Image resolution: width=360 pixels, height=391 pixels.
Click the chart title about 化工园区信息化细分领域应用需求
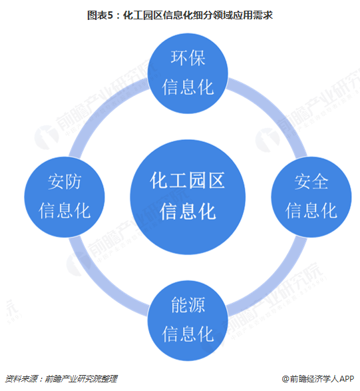[180, 15]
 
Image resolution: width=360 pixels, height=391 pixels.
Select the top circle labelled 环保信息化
[188, 73]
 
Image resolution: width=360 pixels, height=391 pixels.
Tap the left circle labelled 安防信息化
[65, 197]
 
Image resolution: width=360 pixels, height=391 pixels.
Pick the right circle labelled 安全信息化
[311, 197]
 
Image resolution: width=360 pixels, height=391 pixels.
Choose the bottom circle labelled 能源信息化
[188, 320]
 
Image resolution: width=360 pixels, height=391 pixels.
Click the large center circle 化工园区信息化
[188, 197]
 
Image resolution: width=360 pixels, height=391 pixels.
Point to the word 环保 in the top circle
[188, 58]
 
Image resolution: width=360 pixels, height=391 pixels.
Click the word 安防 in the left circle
[65, 182]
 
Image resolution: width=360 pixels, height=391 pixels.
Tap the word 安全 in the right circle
[311, 182]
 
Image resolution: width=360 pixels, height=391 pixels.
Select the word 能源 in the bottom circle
[188, 305]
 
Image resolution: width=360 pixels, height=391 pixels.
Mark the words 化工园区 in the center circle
[188, 180]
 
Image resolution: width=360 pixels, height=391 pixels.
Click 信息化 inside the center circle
[188, 211]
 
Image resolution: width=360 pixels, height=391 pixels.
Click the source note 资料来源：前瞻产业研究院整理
[61, 379]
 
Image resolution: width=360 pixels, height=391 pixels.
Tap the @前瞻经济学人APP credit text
[318, 379]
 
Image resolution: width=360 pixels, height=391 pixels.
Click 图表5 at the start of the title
[100, 15]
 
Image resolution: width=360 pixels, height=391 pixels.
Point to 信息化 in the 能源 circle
[188, 334]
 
